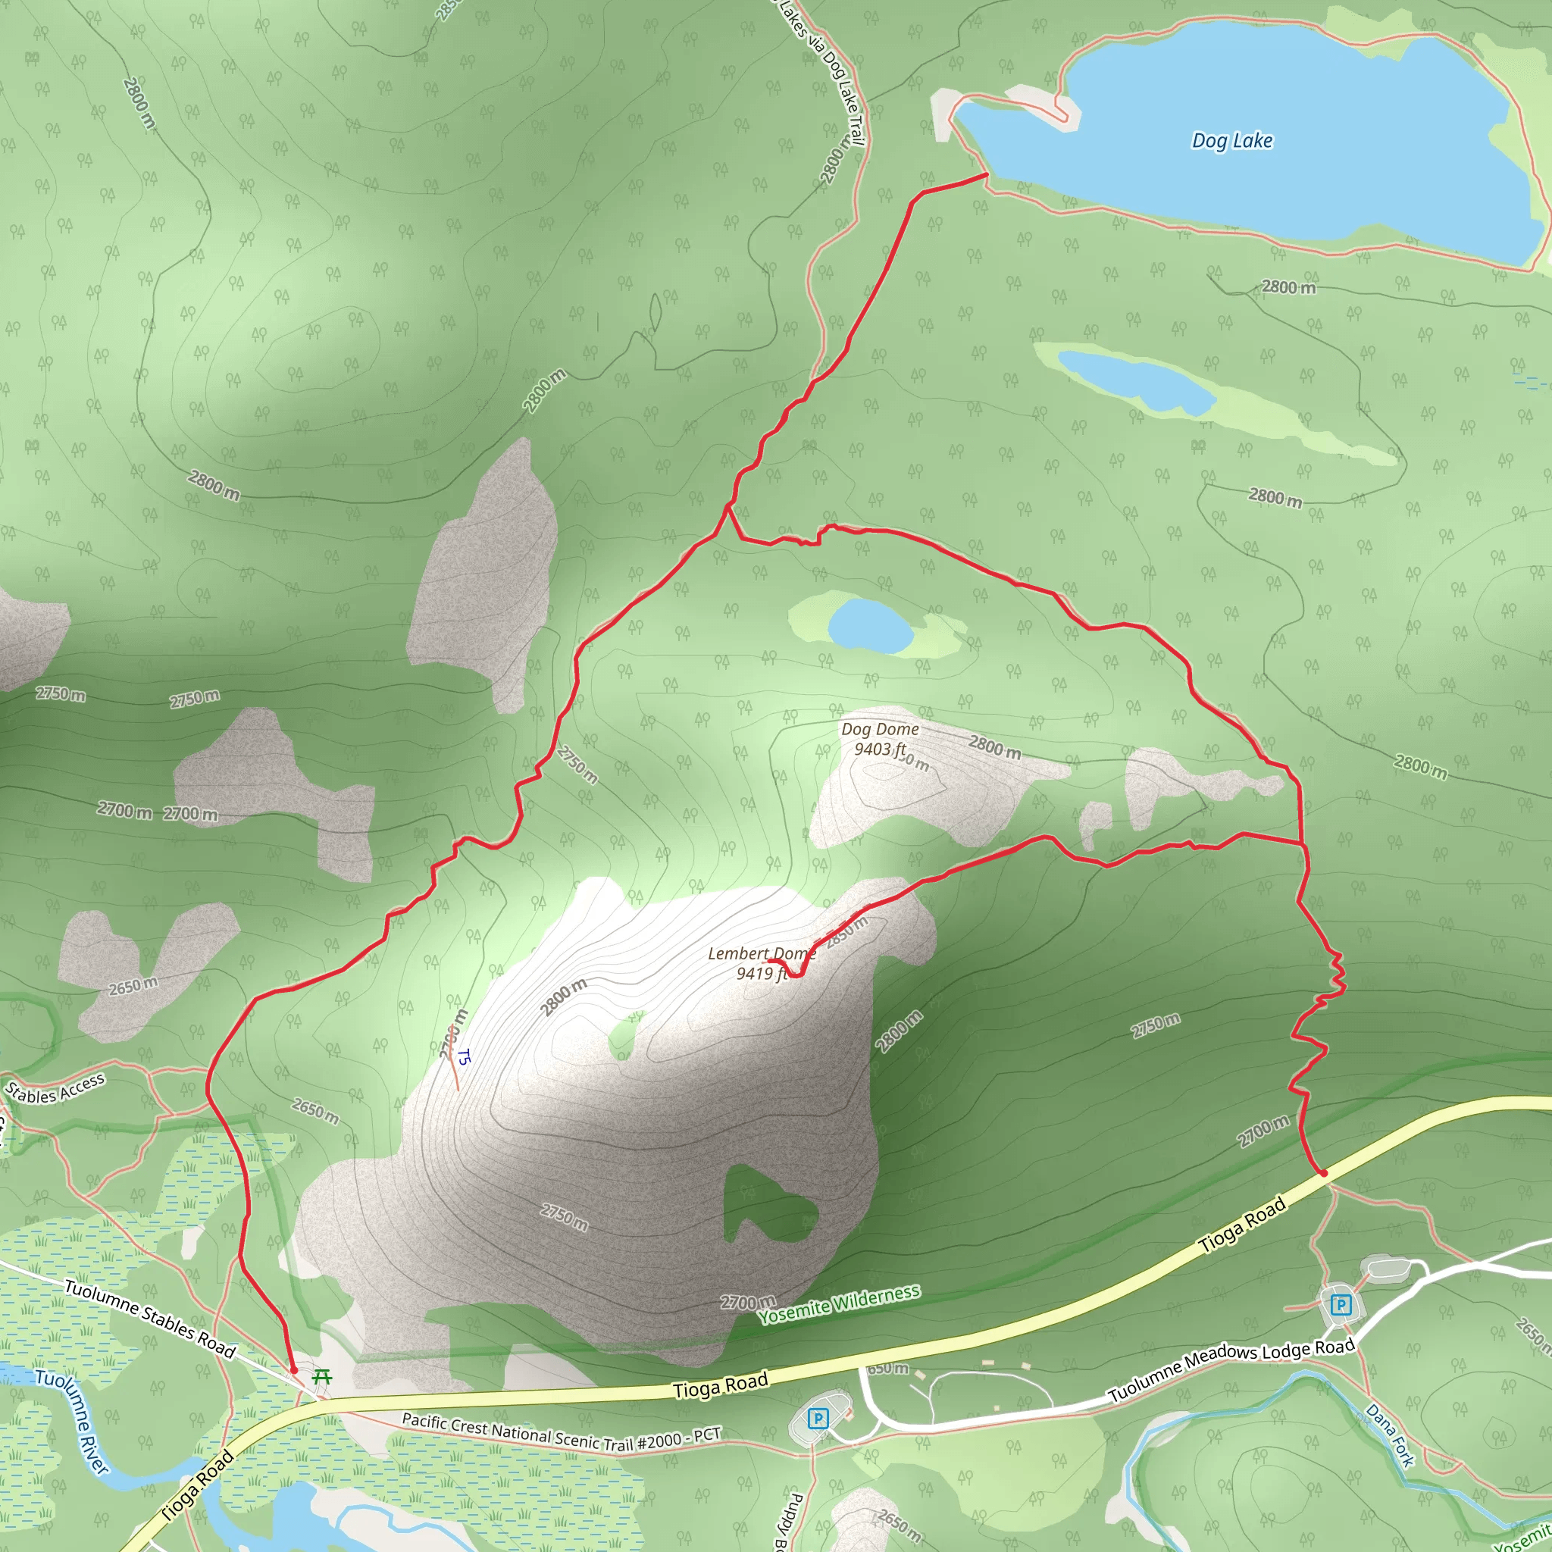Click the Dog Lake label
click(x=1231, y=142)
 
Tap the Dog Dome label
click(x=880, y=730)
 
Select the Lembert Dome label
click(x=761, y=953)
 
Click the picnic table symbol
click(x=322, y=1377)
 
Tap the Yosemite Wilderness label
click(x=839, y=1305)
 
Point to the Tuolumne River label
click(x=71, y=1421)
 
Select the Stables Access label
click(x=55, y=1089)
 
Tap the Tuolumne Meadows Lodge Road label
click(x=1231, y=1369)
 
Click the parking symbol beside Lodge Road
click(x=1340, y=1305)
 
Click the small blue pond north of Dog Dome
click(x=871, y=626)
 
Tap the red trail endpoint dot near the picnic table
click(x=293, y=1369)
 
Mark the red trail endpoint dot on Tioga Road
click(x=1324, y=1174)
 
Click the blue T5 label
click(x=463, y=1057)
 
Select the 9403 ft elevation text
click(x=880, y=749)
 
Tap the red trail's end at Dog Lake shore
click(x=987, y=174)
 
